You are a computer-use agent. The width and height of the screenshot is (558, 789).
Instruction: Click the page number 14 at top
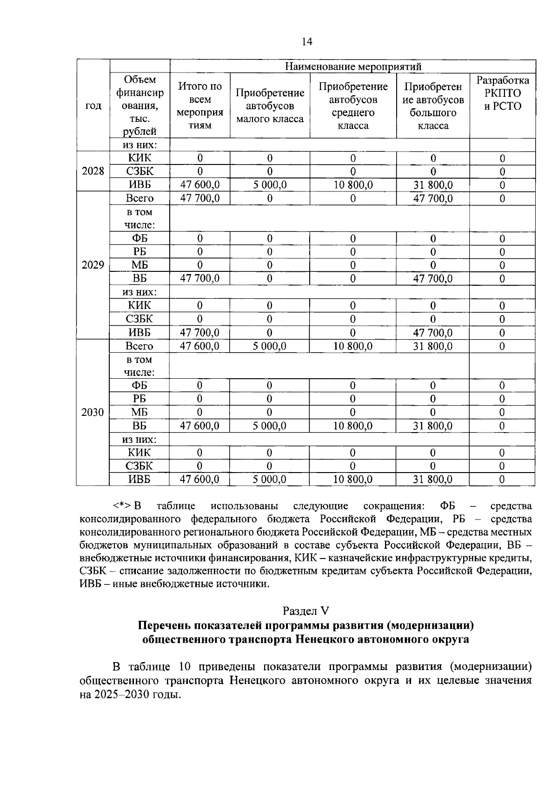pyautogui.click(x=307, y=42)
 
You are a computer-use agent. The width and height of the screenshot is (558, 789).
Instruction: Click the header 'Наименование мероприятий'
pyautogui.click(x=352, y=66)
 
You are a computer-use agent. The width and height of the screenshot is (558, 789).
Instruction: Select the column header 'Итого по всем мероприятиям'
pyautogui.click(x=200, y=105)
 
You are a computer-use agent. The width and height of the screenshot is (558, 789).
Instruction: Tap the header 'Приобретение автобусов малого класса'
pyautogui.click(x=270, y=105)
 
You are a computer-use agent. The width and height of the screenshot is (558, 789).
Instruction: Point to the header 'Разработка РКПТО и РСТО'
pyautogui.click(x=502, y=93)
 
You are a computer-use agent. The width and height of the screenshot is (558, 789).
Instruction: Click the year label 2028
pyautogui.click(x=93, y=171)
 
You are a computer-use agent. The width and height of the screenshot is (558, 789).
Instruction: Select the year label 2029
pyautogui.click(x=93, y=265)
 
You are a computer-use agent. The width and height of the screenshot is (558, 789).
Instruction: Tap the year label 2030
pyautogui.click(x=93, y=413)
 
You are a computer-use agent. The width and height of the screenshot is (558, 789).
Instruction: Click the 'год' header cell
pyautogui.click(x=93, y=105)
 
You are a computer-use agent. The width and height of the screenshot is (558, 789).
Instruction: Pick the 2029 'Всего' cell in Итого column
pyautogui.click(x=200, y=198)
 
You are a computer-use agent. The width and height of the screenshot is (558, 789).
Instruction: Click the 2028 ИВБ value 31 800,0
pyautogui.click(x=433, y=185)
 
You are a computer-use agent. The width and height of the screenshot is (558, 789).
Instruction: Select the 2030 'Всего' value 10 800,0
pyautogui.click(x=352, y=346)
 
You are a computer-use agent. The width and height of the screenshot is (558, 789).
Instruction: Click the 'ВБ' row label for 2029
pyautogui.click(x=139, y=278)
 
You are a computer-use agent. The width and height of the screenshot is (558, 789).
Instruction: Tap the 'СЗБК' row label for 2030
pyautogui.click(x=139, y=466)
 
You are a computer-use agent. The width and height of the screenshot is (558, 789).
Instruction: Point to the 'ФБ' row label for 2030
pyautogui.click(x=139, y=385)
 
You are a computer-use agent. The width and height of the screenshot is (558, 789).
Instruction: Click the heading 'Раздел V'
pyautogui.click(x=306, y=611)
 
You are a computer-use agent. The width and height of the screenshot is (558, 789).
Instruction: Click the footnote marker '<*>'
pyautogui.click(x=122, y=506)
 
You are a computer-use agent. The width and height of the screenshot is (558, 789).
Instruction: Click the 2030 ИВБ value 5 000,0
pyautogui.click(x=269, y=480)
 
